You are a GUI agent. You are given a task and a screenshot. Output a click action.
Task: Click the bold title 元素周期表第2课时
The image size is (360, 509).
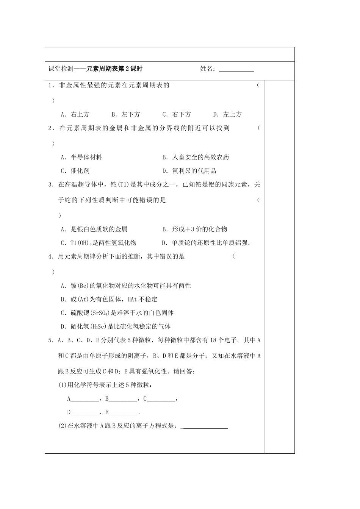coord(114,69)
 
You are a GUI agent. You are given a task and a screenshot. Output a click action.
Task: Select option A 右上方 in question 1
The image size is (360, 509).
coord(75,114)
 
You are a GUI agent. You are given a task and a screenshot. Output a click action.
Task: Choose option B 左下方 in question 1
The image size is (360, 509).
coord(126,114)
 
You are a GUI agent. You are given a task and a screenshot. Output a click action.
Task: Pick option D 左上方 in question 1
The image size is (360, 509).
coord(227,114)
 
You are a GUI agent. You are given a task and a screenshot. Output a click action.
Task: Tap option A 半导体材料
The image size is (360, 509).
coord(81,157)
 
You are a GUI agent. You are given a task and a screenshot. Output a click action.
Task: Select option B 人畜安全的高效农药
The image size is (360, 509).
coord(196,157)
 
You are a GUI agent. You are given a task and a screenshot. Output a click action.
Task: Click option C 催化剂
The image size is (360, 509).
coord(75,171)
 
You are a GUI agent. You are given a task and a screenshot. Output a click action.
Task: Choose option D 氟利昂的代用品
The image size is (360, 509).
coord(189,171)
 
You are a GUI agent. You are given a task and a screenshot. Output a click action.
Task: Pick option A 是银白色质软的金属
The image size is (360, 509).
coord(94,229)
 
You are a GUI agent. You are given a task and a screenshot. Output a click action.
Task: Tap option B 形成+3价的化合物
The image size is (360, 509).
coord(194,229)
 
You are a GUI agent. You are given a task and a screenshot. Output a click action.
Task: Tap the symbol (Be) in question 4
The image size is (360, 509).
coord(82,286)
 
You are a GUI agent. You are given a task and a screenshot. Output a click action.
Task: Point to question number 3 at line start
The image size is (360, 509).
coord(50,185)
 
